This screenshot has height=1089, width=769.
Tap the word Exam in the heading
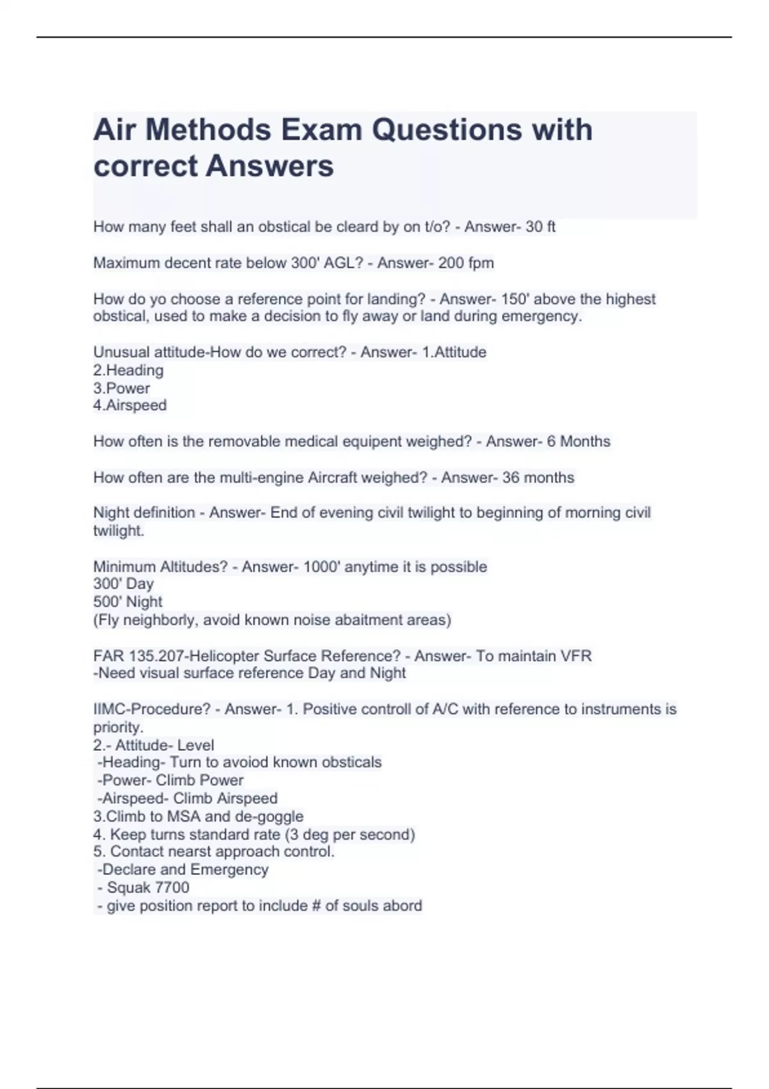[321, 130]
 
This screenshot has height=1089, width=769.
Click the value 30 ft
[540, 227]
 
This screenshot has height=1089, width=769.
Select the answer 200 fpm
[466, 263]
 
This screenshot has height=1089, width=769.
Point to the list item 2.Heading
[128, 370]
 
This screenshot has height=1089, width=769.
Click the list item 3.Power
[122, 388]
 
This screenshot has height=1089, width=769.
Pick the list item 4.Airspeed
[130, 405]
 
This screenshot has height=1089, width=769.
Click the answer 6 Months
[579, 441]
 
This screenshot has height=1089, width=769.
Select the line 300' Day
[124, 584]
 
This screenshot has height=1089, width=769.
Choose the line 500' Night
[128, 602]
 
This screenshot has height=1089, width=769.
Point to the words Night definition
[144, 513]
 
